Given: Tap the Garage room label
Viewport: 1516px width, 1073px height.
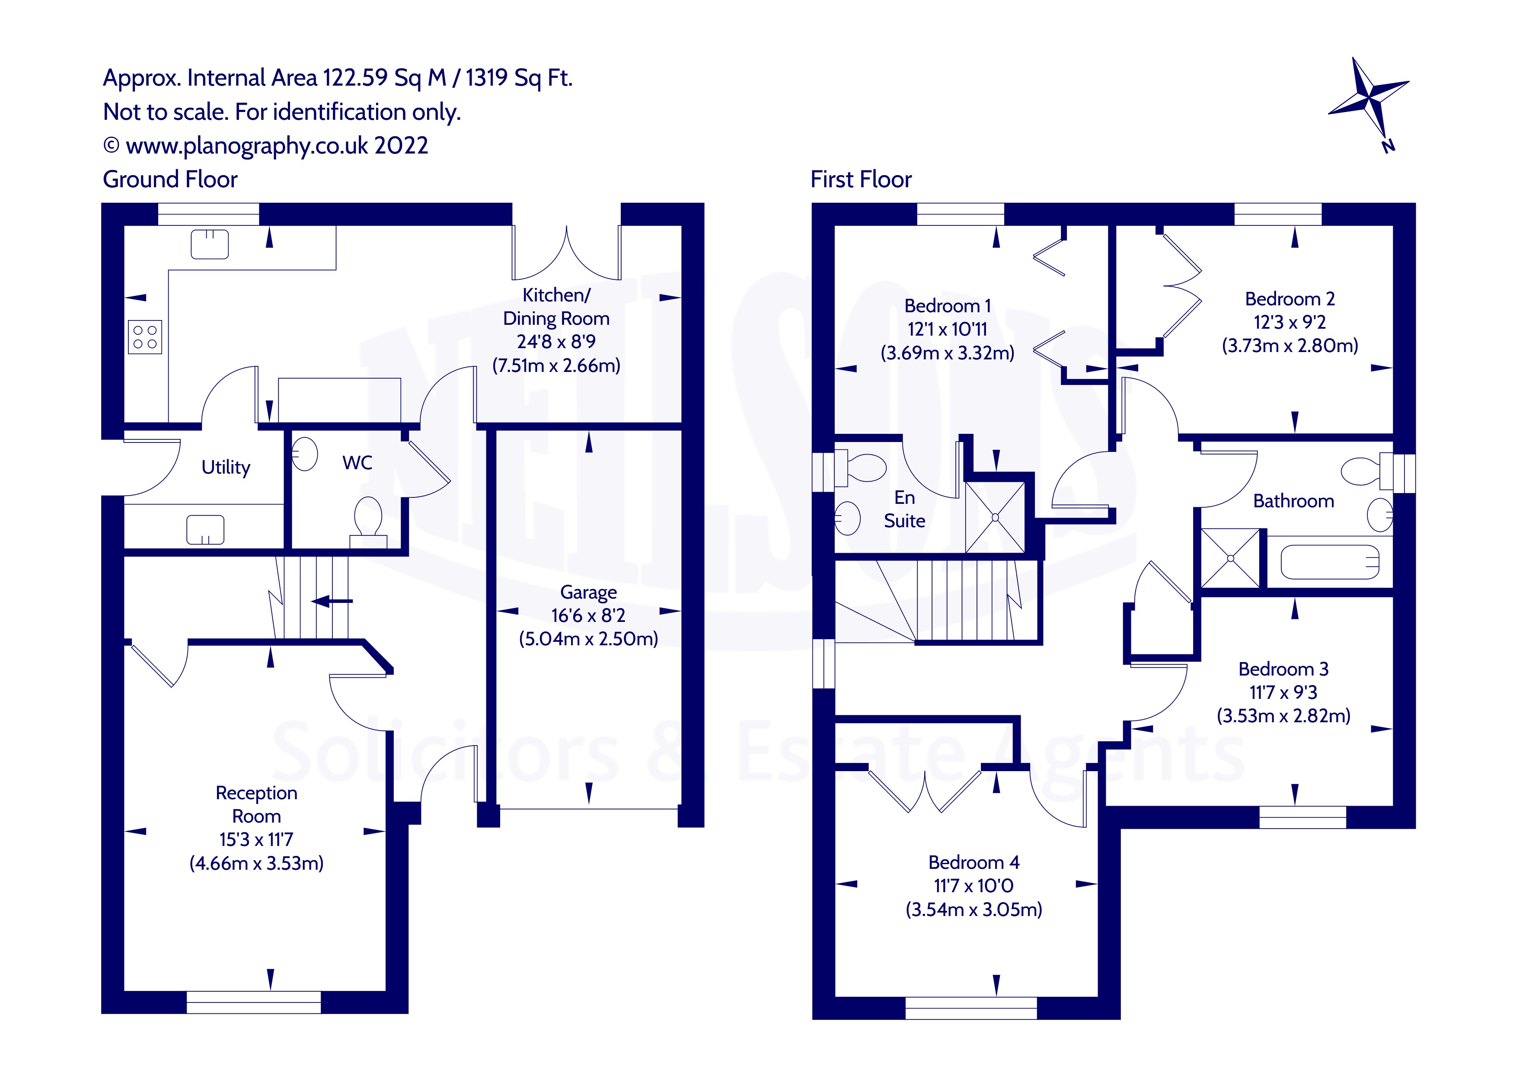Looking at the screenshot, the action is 588,592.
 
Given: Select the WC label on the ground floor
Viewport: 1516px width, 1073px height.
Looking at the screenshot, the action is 357,462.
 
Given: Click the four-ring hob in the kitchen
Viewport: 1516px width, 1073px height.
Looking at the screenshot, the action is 145,337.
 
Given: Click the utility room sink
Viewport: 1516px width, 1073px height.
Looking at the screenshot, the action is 205,529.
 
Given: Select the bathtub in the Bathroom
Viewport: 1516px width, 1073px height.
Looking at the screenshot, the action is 1330,562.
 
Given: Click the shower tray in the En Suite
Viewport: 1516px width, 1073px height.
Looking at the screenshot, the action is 995,517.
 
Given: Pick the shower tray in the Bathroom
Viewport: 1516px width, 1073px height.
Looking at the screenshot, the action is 1231,558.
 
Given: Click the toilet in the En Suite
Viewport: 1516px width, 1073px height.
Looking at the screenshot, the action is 860,468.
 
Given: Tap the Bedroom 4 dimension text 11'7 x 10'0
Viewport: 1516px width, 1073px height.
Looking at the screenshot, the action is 973,885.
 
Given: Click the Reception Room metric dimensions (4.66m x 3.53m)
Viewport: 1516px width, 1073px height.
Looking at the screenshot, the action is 257,863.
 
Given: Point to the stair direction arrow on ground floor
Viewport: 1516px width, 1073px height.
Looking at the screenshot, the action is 332,601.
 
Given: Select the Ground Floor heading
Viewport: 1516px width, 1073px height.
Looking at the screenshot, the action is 170,179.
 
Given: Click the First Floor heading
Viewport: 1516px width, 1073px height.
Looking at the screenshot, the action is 861,179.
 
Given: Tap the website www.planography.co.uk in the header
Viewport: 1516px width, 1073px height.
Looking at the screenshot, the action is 247,145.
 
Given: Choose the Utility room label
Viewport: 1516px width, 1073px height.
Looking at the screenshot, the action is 226,467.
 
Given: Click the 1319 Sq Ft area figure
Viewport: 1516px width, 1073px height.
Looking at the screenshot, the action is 519,78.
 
